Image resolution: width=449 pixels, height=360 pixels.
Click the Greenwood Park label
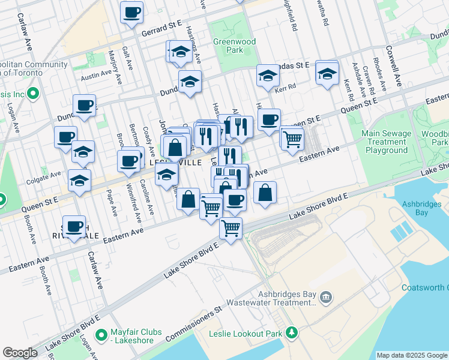234,46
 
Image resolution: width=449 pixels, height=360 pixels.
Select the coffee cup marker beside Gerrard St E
131,12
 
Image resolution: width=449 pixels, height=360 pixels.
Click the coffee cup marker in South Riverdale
74,227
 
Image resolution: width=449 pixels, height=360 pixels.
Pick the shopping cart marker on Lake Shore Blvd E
231,228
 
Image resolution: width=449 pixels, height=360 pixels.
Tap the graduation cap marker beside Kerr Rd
268,76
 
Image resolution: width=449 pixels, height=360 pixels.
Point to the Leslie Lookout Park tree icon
292,332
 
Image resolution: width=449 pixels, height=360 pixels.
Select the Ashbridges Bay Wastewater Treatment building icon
325,296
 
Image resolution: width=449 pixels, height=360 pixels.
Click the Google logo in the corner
20,353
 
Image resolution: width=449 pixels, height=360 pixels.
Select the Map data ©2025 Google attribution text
411,355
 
